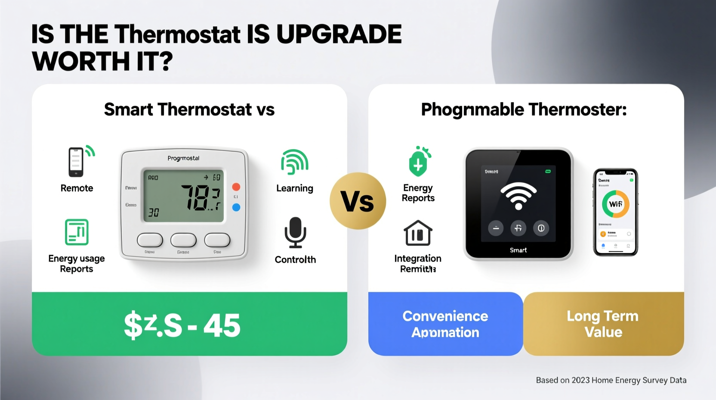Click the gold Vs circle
(x=358, y=201)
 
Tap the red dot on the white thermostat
(x=236, y=187)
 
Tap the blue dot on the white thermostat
(x=236, y=207)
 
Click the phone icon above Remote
(x=77, y=162)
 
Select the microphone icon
(x=295, y=232)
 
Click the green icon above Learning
(x=295, y=162)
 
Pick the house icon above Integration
(x=418, y=233)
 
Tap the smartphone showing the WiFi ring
(x=615, y=212)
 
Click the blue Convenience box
(x=445, y=324)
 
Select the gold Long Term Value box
(x=603, y=324)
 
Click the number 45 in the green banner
(x=222, y=325)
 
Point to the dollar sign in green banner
(x=133, y=325)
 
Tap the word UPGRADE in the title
(x=339, y=34)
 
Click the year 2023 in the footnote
(x=580, y=380)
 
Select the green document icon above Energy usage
(x=77, y=232)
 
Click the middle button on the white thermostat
(x=183, y=240)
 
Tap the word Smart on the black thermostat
(x=518, y=250)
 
